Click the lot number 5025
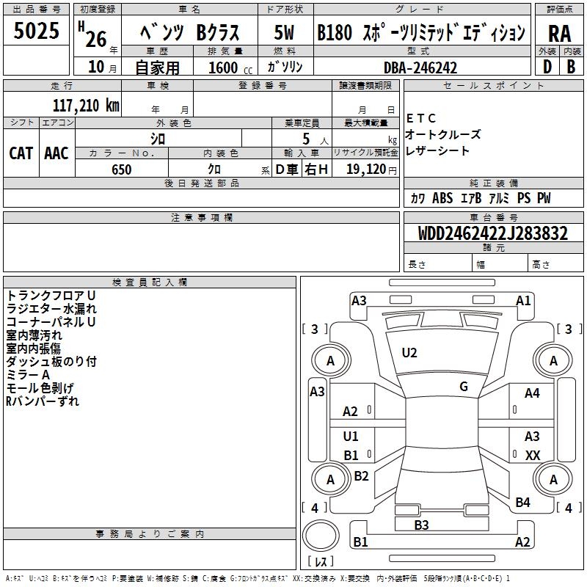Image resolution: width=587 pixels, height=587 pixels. (36, 32)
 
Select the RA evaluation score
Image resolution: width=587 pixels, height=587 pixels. (559, 32)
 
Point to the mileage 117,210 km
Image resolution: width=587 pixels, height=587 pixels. (86, 105)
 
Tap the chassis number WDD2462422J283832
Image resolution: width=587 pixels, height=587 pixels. (494, 234)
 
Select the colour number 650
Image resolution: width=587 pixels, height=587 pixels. (121, 169)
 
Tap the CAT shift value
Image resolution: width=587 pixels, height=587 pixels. (21, 153)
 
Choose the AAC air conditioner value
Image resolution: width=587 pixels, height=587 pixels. (56, 153)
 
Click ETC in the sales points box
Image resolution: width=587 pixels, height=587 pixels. (421, 118)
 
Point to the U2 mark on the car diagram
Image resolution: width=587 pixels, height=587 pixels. (409, 353)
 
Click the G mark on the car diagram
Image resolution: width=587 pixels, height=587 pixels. (464, 387)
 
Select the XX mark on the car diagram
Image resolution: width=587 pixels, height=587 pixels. (533, 456)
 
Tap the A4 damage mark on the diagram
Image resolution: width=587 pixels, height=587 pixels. (532, 393)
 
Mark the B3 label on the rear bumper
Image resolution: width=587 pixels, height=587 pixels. (421, 525)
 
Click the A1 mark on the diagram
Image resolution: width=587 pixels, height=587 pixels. (523, 300)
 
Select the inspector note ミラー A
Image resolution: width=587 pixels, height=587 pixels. (28, 375)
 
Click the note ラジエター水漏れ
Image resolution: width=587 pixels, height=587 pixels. (51, 309)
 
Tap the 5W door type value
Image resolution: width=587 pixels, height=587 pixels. (285, 32)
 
